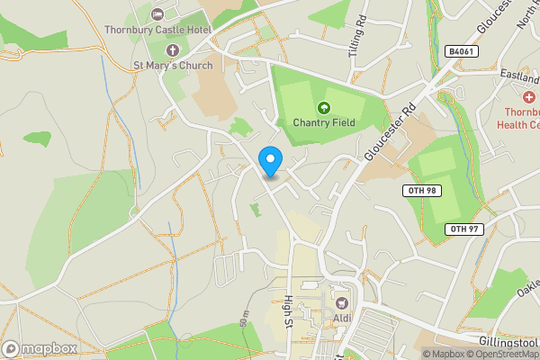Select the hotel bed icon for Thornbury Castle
[158, 14]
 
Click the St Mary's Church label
[173, 65]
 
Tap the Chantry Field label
[324, 122]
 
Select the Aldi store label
[342, 319]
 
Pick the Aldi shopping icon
[342, 303]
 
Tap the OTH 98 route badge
[419, 192]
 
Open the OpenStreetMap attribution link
[503, 354]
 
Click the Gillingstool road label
[508, 342]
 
